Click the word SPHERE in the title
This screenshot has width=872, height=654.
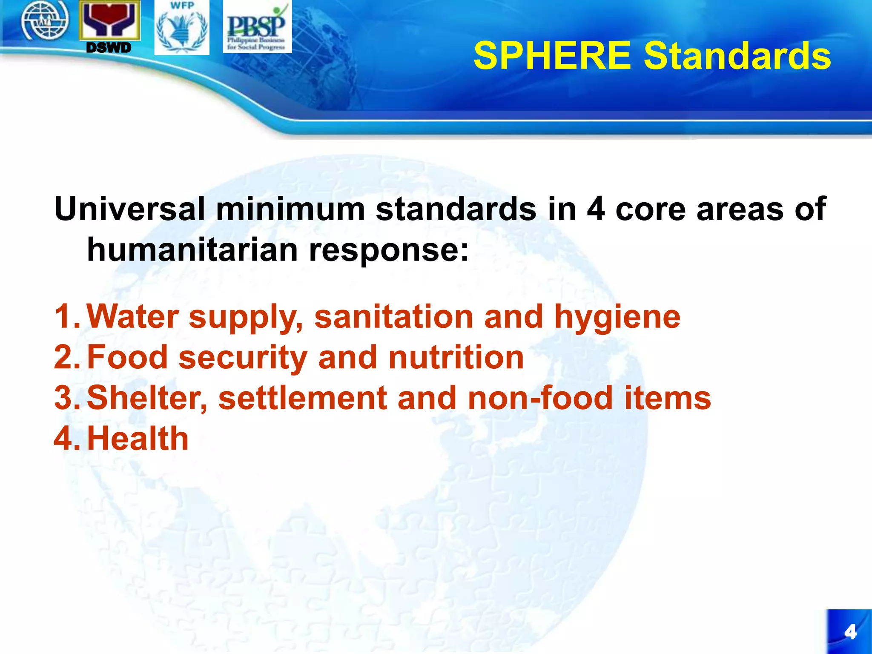(552, 56)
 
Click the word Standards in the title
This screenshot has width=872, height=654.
(737, 56)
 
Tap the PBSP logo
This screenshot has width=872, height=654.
(257, 27)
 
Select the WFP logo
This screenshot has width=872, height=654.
(182, 28)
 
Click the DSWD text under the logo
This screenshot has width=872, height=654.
(109, 48)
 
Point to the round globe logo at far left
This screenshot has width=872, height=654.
(45, 20)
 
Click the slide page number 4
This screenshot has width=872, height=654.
(850, 632)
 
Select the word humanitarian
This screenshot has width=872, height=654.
(192, 250)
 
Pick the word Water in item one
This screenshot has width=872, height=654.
(132, 316)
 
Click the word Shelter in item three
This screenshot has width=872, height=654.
(146, 398)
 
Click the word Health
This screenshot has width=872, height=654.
(138, 439)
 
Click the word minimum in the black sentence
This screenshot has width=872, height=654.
(290, 209)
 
